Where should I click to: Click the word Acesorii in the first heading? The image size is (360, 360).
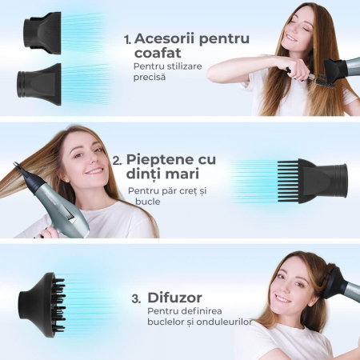coord(165,38)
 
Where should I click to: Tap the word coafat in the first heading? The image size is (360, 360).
coord(158,53)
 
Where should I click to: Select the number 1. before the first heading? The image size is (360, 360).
coord(128,39)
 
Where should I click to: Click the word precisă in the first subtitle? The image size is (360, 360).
coord(150,78)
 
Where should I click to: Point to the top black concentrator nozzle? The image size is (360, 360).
coord(42,33)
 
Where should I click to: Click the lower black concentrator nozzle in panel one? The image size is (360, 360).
coord(39,84)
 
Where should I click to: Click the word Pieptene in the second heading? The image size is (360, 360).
coord(160,160)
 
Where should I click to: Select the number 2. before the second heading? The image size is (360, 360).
coord(118,161)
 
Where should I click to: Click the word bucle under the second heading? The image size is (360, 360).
coord(148,202)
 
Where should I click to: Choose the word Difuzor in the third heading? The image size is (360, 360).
coord(174,298)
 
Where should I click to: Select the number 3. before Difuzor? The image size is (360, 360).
coord(136,299)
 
